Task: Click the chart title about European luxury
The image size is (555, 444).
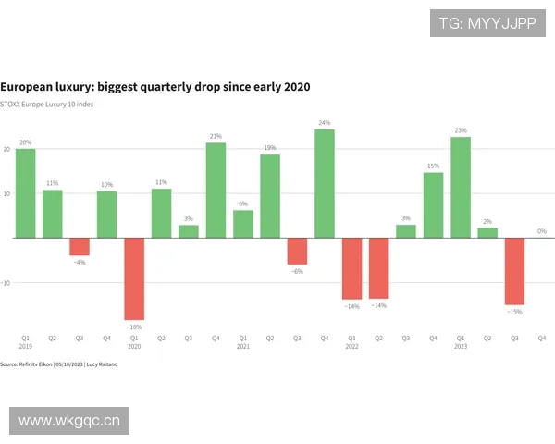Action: coord(155,86)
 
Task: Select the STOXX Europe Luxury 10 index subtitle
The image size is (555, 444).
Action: coord(47,104)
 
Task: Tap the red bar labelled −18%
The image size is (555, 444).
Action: coord(134,278)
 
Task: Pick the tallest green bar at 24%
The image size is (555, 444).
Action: coord(325,183)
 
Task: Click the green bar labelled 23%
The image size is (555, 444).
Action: coord(461,187)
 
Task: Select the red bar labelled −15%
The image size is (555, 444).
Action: coord(514,271)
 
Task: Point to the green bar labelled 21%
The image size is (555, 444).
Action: coord(216,190)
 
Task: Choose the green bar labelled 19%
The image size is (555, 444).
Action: coord(270,195)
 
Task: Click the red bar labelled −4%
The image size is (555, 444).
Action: coord(80,246)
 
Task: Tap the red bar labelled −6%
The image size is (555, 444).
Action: coord(297,251)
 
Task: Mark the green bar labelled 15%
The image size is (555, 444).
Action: coord(433,204)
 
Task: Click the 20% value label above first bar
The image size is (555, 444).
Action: coord(26,142)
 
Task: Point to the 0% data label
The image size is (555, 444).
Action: coord(542,231)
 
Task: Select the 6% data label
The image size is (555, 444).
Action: coord(243,203)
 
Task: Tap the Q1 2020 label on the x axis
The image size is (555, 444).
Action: coord(134,342)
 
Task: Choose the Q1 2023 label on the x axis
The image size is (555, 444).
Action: coord(461,342)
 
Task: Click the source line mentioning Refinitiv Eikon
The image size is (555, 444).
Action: coord(59,364)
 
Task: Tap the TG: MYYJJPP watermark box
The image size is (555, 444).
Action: coord(487,23)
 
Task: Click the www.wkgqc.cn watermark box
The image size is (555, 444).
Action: coord(70,422)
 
